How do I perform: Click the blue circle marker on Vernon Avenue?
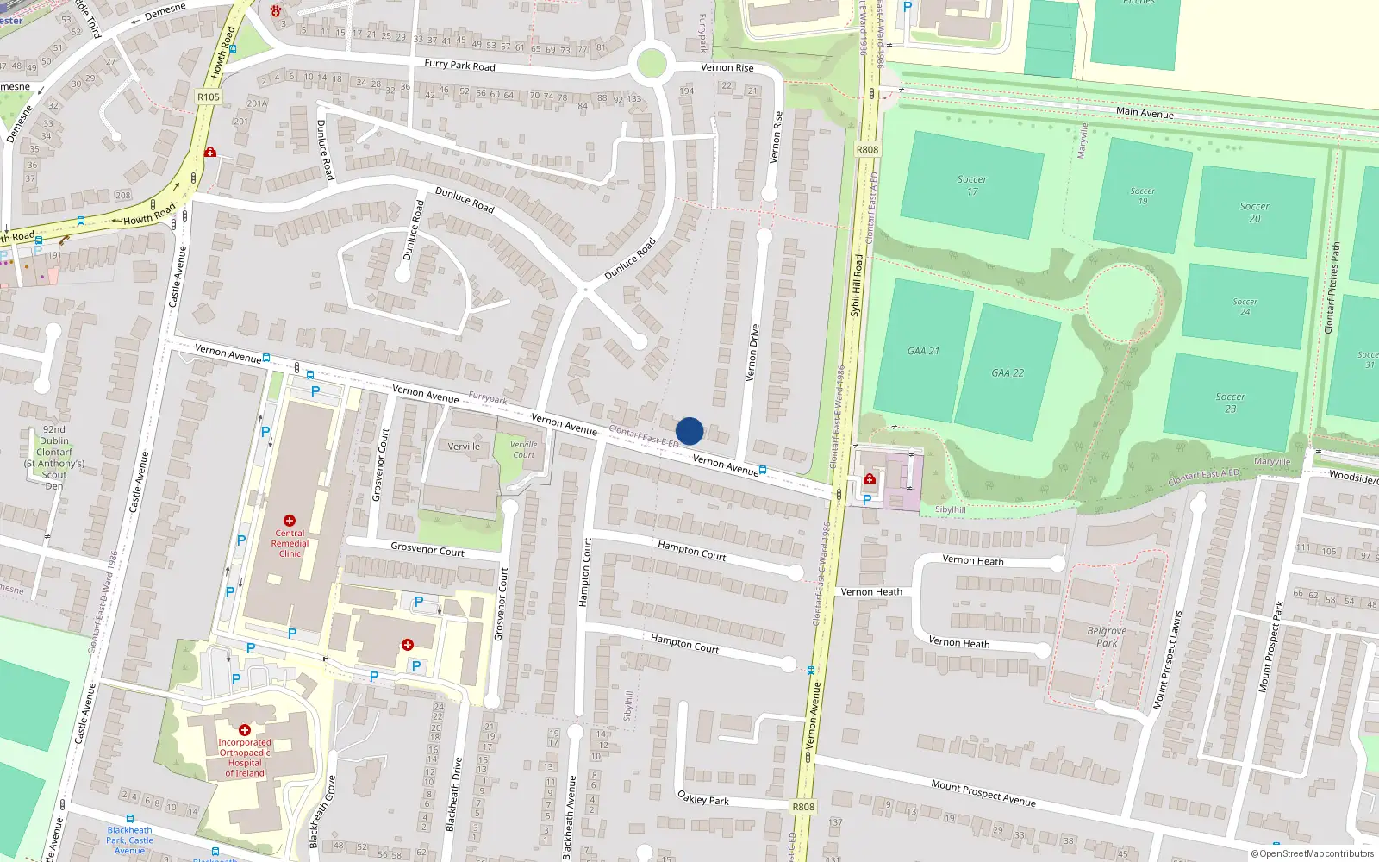click(x=689, y=431)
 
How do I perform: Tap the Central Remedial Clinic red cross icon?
click(x=290, y=521)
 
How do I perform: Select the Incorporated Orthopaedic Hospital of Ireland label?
click(x=245, y=758)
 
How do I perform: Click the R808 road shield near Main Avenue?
click(x=867, y=150)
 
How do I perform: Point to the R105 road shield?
click(x=209, y=97)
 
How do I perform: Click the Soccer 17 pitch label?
click(x=972, y=185)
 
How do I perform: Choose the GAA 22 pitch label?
click(x=1008, y=373)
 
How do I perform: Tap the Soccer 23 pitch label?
click(x=1230, y=403)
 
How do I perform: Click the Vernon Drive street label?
click(x=752, y=352)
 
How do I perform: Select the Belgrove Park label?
click(x=1107, y=636)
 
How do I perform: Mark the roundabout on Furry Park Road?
click(x=651, y=64)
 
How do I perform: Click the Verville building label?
click(x=464, y=447)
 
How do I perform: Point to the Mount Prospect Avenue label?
click(x=983, y=792)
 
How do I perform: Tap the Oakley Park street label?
click(x=702, y=798)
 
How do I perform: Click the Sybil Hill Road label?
click(x=857, y=284)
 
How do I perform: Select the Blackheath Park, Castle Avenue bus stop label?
click(x=130, y=840)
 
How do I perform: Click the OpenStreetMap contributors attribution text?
click(x=1313, y=853)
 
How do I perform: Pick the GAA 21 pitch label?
click(x=923, y=351)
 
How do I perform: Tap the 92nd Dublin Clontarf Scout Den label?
click(x=54, y=457)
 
